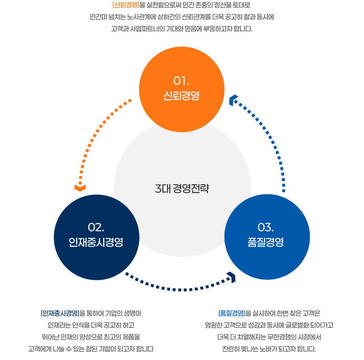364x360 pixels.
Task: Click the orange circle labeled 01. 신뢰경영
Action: tap(182, 89)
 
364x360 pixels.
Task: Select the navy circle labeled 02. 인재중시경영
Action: tap(97, 237)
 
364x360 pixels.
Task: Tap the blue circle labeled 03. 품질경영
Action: tap(267, 237)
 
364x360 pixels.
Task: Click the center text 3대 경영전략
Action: tap(182, 188)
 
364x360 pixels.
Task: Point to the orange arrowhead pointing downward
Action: tap(80, 188)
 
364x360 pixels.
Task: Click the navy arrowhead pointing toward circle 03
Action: tap(232, 277)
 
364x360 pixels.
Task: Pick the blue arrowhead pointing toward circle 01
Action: tap(233, 100)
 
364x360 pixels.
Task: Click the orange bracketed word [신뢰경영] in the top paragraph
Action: tap(126, 5)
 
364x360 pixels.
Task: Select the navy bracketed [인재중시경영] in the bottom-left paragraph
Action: tap(60, 313)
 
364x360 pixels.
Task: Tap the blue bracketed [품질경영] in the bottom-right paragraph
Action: tap(232, 313)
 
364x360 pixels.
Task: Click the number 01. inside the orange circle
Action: tap(181, 81)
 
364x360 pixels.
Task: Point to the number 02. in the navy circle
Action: tap(96, 227)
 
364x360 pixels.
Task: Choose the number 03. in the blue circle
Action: tap(265, 227)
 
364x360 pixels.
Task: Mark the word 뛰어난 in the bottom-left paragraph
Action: tap(50, 337)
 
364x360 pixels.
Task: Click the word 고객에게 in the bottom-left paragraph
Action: tap(40, 349)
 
